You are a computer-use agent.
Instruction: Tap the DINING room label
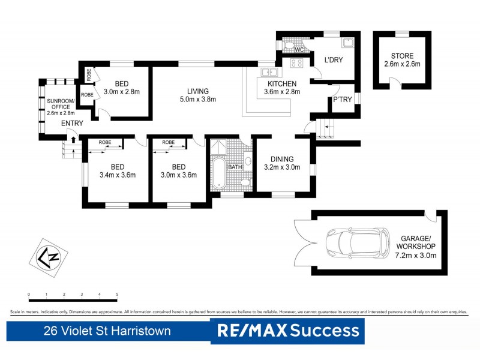pyautogui.click(x=281, y=159)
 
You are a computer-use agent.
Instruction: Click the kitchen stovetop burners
pyautogui.click(x=296, y=62)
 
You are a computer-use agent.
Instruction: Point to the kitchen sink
pyautogui.click(x=267, y=73)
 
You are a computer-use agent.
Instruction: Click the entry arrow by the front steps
pyautogui.click(x=73, y=140)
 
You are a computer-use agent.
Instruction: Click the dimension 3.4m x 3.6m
pyautogui.click(x=117, y=175)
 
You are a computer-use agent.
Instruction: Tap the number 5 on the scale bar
pyautogui.click(x=117, y=295)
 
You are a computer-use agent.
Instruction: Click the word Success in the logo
pyautogui.click(x=325, y=331)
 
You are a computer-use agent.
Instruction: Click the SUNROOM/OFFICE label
pyautogui.click(x=61, y=105)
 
